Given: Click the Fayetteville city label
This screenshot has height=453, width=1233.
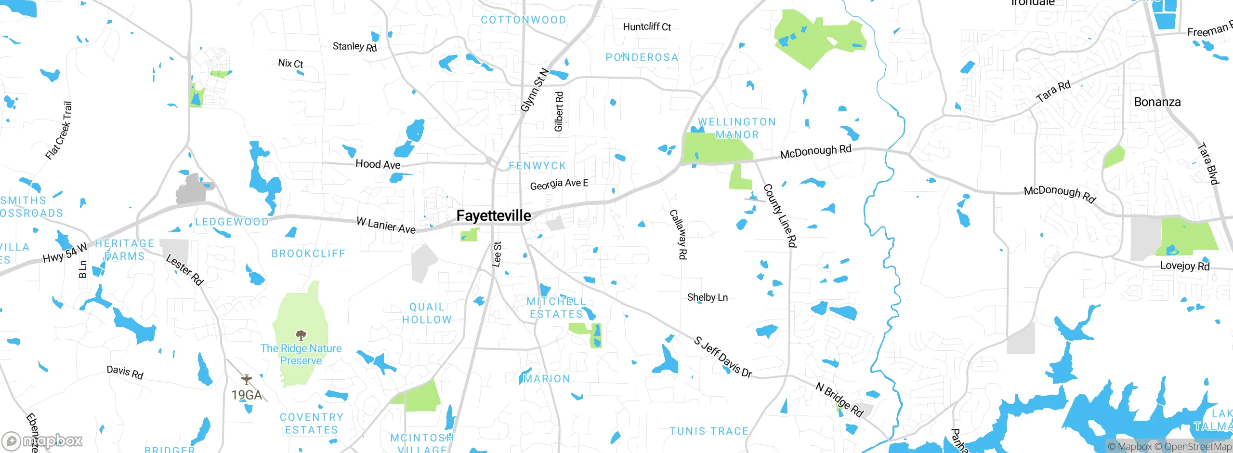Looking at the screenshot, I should tap(494, 215).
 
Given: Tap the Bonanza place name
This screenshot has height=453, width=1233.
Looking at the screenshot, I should tap(1157, 102).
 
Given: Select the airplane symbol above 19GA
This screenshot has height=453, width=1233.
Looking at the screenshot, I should tap(247, 380).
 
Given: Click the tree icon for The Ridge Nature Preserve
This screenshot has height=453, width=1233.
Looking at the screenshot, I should tap(301, 335).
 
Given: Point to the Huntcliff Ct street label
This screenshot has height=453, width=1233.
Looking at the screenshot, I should tap(646, 27).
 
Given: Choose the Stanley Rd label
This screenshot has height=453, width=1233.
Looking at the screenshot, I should tap(354, 47).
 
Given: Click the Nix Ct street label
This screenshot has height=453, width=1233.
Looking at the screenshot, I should tap(290, 63).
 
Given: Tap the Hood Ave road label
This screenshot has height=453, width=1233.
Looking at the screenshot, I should tap(378, 164).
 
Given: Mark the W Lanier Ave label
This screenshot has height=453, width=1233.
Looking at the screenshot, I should tap(386, 225).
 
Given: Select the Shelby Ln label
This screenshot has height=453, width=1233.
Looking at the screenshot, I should tap(707, 297).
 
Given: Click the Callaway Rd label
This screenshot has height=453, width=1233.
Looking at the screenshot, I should tap(678, 235).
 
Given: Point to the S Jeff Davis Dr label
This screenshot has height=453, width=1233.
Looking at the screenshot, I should tap(722, 357).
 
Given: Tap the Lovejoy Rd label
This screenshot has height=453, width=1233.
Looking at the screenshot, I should tap(1184, 266).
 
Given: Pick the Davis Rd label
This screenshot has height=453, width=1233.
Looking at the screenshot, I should tap(125, 372).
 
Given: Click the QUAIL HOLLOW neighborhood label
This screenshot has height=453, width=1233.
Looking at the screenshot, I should tap(427, 313).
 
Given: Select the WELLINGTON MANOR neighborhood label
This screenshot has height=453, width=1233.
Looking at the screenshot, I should tap(737, 128).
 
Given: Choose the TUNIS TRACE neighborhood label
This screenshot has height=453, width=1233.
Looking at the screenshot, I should tap(709, 431).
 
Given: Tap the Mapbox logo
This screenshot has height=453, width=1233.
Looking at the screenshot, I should tap(42, 440).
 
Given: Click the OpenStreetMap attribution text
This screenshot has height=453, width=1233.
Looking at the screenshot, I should tap(1197, 447).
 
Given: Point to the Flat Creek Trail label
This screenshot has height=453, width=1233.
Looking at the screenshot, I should tap(59, 131).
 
